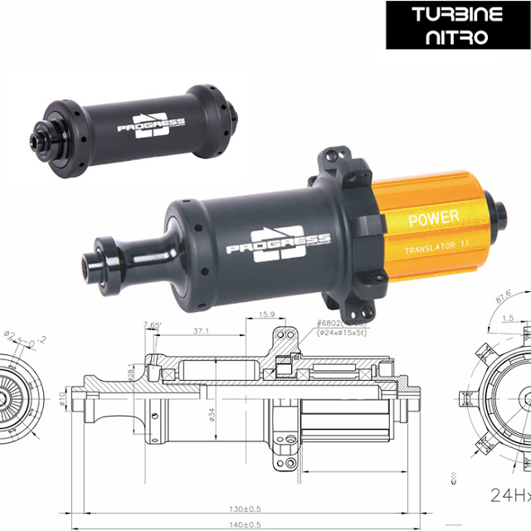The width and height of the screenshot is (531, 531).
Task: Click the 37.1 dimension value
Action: coord(198,330)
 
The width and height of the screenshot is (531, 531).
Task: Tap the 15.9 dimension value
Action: coord(268,315)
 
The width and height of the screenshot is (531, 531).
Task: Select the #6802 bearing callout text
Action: coord(319,324)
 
